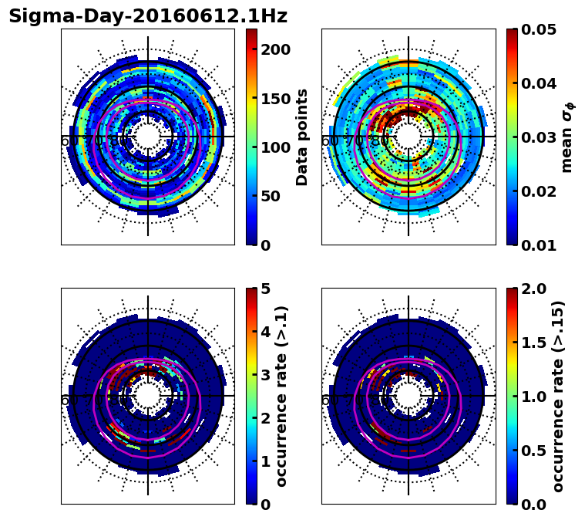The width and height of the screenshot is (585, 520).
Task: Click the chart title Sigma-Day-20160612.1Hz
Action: [148, 16]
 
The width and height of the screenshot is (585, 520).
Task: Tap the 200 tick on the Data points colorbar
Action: [275, 49]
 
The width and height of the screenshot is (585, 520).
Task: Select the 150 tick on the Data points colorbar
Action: [275, 98]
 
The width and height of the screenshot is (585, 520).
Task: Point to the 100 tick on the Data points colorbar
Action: [275, 147]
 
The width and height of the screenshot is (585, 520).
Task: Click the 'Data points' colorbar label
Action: [302, 137]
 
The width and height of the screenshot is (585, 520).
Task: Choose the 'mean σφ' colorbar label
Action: [567, 137]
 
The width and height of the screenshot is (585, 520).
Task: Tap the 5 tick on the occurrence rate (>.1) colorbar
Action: [266, 289]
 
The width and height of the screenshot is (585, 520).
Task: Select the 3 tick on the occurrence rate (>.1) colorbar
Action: [266, 375]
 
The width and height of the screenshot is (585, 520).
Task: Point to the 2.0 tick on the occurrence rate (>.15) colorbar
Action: [533, 289]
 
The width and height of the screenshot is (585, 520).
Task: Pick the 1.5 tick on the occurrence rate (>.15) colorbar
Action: [533, 343]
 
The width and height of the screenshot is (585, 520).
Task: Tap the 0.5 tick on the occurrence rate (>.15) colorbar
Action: [533, 451]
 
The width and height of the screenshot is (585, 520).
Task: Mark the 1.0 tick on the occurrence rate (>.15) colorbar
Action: [533, 397]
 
